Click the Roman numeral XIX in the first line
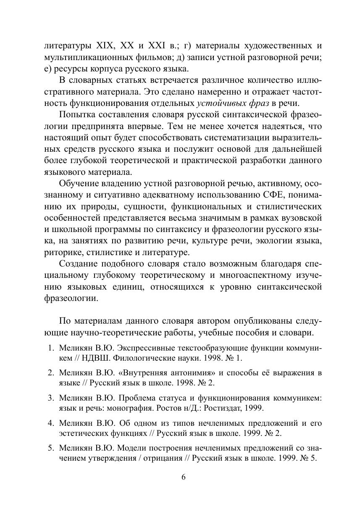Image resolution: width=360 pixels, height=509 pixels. click(x=105, y=45)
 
